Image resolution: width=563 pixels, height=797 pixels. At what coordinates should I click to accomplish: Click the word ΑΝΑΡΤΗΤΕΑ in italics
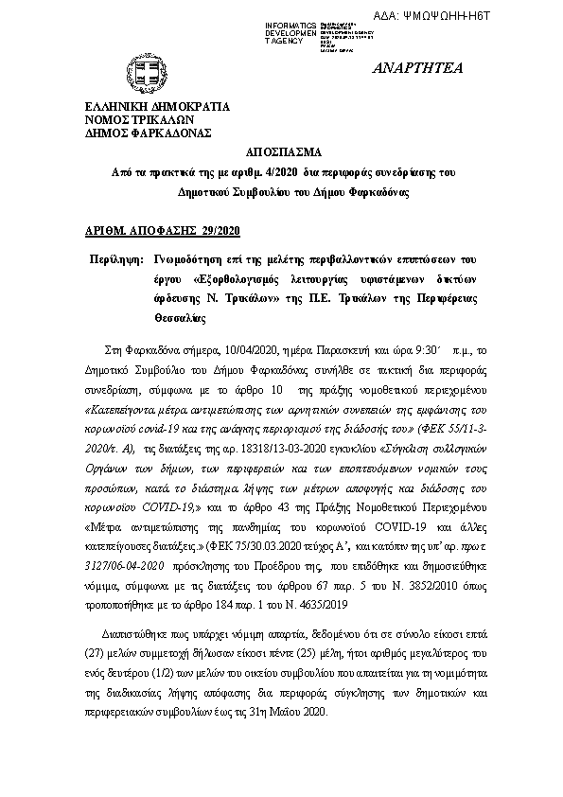412,69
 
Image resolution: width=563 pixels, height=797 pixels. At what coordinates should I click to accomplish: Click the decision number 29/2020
220,230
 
